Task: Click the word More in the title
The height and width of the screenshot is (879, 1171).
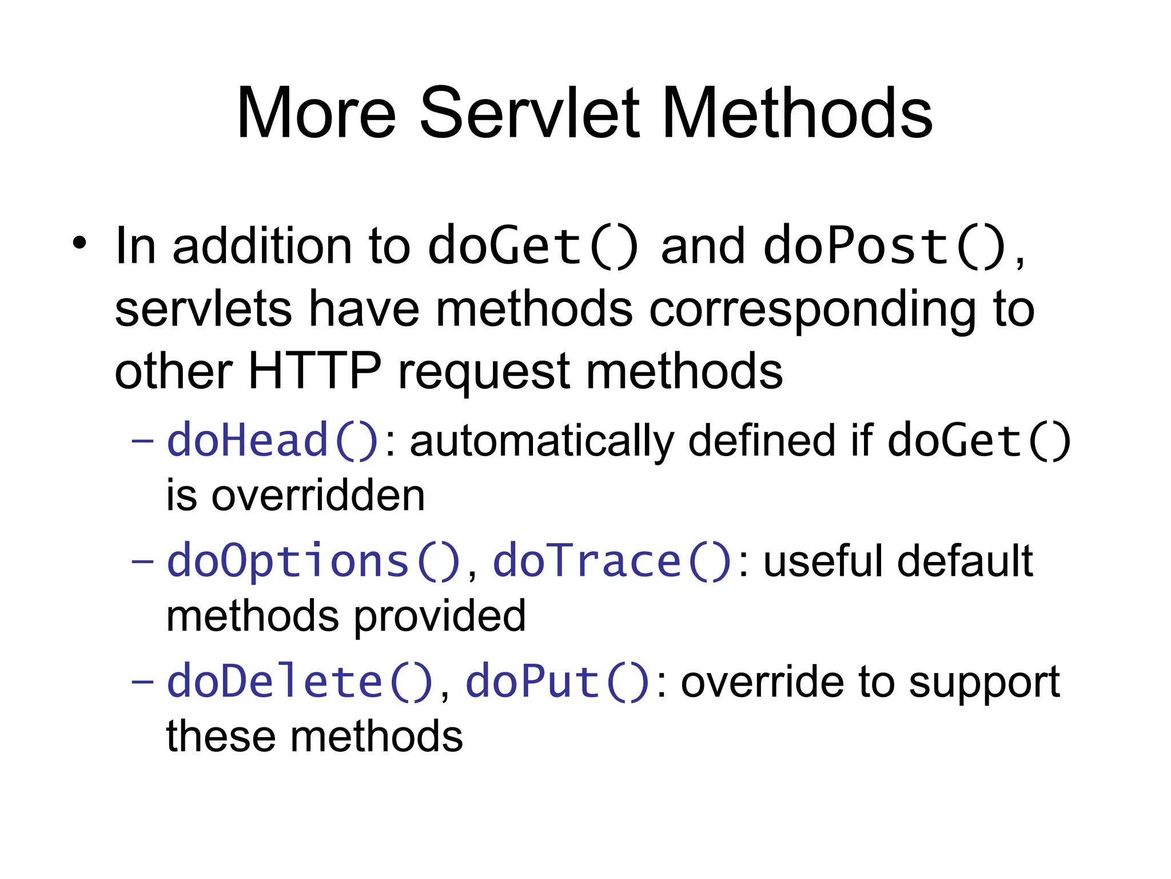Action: click(x=316, y=113)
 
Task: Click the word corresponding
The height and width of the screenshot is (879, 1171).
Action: click(x=812, y=310)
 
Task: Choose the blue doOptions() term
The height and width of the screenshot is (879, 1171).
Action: click(x=314, y=561)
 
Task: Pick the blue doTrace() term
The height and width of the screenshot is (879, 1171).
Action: click(x=612, y=561)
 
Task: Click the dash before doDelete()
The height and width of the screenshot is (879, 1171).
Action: click(x=142, y=682)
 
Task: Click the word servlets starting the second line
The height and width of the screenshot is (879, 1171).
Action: click(x=204, y=310)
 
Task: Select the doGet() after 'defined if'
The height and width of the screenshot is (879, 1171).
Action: click(x=979, y=441)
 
